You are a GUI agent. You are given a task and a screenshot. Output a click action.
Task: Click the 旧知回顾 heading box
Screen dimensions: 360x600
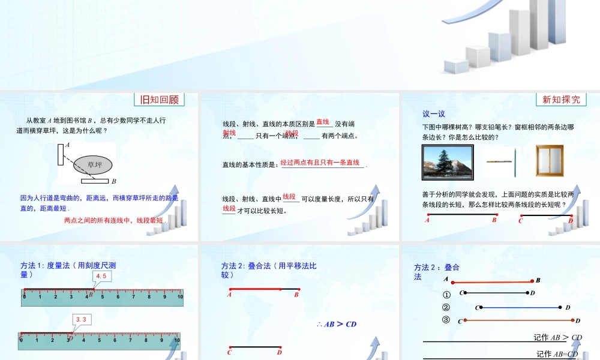click(x=159, y=100)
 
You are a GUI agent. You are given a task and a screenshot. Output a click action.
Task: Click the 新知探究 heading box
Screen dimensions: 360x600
click(x=561, y=100)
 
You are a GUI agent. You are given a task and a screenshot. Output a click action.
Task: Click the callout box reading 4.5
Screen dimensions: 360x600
click(x=101, y=276)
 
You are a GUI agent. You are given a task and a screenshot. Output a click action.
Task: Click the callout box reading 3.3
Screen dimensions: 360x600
click(x=82, y=320)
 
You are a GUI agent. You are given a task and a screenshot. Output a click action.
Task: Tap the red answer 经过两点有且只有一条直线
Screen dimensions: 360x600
click(x=320, y=163)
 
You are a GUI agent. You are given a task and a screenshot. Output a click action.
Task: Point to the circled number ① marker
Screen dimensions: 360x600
click(x=446, y=295)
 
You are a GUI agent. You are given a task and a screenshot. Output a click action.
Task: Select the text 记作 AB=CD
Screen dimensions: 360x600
click(x=557, y=354)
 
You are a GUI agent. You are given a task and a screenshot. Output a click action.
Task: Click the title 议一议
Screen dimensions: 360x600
click(x=434, y=113)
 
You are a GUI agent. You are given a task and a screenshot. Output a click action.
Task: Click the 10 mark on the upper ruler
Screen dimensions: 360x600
click(x=180, y=296)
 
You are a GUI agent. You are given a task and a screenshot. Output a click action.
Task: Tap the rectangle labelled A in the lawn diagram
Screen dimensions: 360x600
click(x=61, y=154)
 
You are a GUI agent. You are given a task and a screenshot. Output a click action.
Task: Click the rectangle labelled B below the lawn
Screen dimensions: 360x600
click(x=95, y=180)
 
